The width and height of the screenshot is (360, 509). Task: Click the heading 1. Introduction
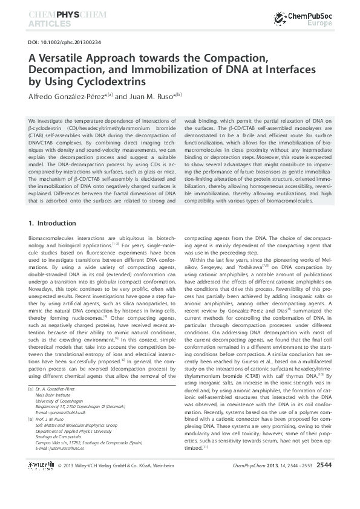pyautogui.click(x=53, y=223)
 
